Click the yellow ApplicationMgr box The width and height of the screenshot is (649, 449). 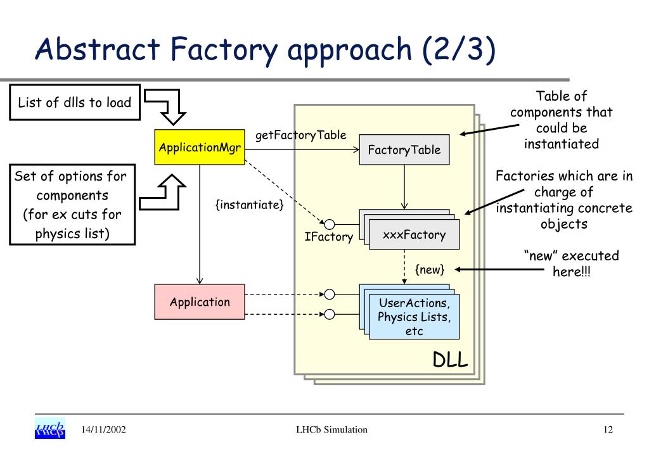tap(200, 147)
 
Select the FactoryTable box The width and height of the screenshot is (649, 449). tap(404, 149)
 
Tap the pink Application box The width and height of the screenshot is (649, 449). tap(200, 302)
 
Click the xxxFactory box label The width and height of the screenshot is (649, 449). tap(414, 235)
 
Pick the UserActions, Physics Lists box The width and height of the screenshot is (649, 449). tap(414, 317)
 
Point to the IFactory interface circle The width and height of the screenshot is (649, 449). tap(330, 224)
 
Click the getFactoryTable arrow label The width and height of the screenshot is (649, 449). tap(301, 135)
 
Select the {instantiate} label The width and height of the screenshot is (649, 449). tap(250, 205)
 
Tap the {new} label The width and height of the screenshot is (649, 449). tap(430, 270)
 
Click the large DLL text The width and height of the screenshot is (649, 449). tap(451, 360)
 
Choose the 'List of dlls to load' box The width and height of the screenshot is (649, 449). tap(75, 103)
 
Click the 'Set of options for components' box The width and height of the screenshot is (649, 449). tap(72, 205)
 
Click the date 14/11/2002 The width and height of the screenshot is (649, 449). tap(103, 429)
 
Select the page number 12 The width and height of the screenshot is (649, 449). tap(608, 429)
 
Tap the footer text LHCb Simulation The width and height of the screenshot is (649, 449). tap(331, 429)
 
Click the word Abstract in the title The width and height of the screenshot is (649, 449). tap(98, 49)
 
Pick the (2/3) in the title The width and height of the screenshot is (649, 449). tap(459, 49)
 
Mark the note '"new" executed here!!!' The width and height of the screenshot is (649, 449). tap(572, 263)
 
